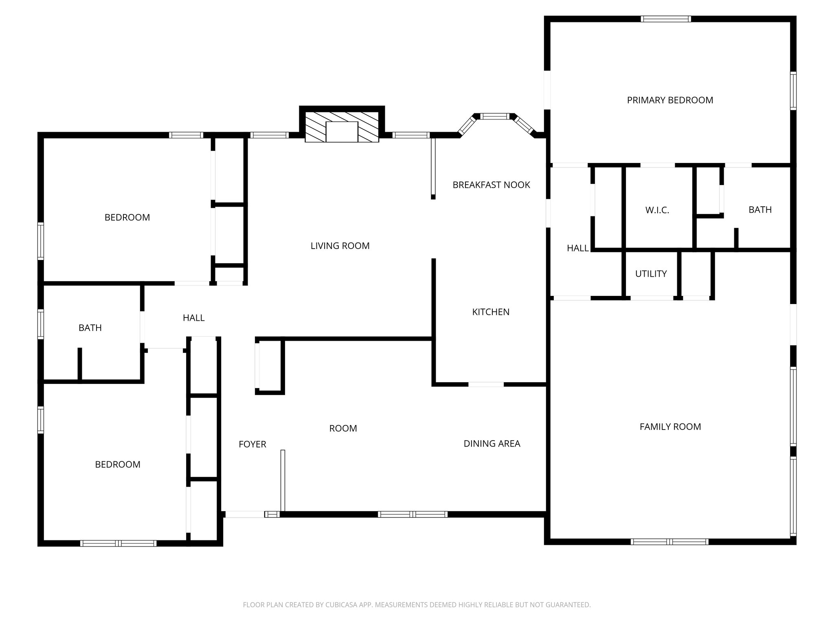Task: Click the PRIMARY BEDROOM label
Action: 670,100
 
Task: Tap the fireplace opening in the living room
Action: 342,132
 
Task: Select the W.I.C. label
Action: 657,210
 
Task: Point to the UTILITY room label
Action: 651,274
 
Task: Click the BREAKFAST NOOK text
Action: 491,185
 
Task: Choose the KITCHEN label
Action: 491,312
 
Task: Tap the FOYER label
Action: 252,444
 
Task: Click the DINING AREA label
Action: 492,443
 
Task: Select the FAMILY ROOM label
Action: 670,427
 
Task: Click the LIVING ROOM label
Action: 340,246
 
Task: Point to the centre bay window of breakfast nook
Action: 494,117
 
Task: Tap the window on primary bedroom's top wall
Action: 665,19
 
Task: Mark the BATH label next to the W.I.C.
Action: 760,210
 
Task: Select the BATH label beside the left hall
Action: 90,328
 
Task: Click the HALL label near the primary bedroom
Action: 577,248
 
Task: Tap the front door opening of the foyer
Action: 244,514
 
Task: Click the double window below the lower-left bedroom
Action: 118,543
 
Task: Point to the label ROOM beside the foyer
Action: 343,428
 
